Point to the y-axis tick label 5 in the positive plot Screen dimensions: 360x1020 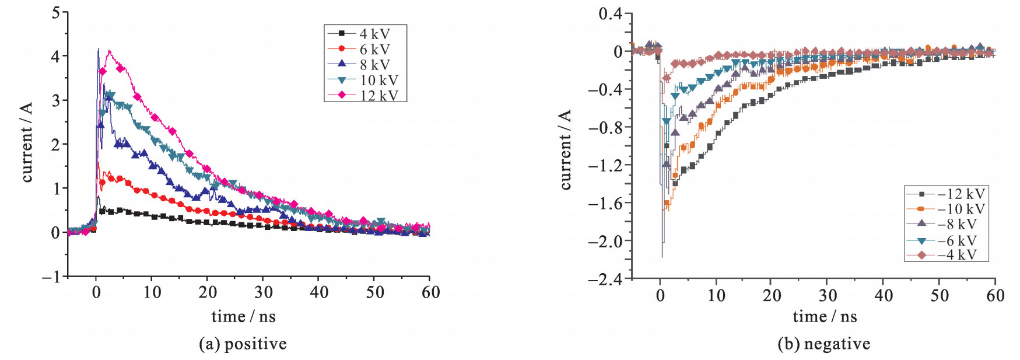pos(56,12)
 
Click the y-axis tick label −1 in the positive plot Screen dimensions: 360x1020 pos(51,277)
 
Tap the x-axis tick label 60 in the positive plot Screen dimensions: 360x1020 pos(430,292)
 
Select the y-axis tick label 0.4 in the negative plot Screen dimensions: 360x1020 pos(610,13)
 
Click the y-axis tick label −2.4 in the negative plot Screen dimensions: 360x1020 pos(606,279)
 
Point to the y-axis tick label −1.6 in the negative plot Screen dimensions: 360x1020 pos(606,203)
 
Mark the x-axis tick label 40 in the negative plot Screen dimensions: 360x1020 pos(884,296)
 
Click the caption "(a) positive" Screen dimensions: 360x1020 pos(243,344)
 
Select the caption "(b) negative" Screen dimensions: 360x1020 pos(823,344)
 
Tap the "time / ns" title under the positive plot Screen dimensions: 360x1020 pos(243,317)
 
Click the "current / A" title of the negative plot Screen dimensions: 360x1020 pos(565,149)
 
